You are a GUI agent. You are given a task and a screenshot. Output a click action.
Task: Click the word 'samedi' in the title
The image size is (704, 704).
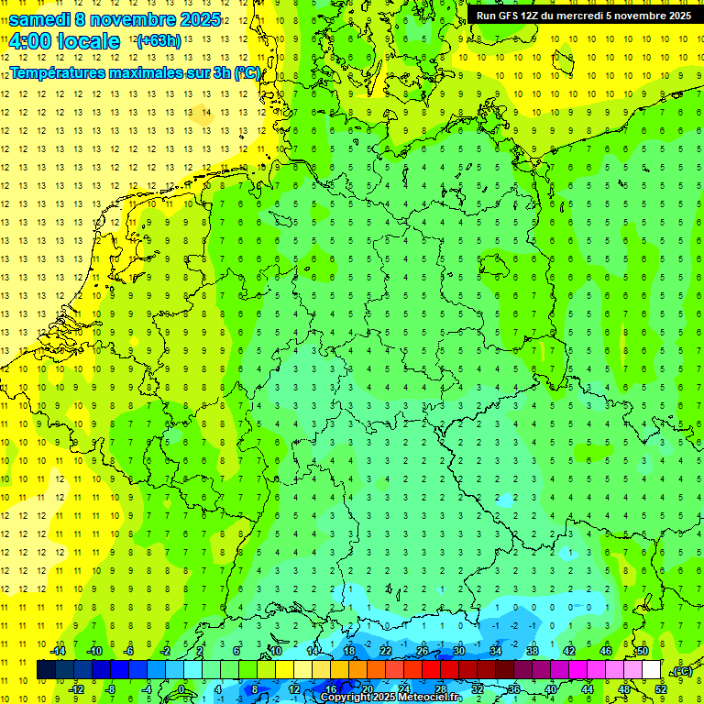tap(39, 19)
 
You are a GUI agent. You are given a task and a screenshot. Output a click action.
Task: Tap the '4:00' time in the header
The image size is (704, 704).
tap(29, 41)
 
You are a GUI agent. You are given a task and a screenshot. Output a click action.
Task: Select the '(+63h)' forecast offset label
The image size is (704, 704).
tap(158, 40)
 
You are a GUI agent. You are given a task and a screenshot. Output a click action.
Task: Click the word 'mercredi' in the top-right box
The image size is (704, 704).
tap(575, 16)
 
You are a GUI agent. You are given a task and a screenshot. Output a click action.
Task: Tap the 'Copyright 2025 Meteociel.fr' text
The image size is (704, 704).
tap(390, 698)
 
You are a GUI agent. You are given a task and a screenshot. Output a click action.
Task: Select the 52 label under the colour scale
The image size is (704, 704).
tap(661, 689)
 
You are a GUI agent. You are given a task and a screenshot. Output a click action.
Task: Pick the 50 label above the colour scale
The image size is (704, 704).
tap(643, 651)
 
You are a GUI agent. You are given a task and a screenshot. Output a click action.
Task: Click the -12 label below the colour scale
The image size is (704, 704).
tap(76, 689)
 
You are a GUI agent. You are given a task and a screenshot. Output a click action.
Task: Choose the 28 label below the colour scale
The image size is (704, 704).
tap(440, 689)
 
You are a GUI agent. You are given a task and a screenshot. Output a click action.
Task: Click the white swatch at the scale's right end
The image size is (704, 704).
tap(651, 669)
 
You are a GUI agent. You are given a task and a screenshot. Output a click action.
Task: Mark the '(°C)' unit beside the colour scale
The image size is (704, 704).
tap(682, 671)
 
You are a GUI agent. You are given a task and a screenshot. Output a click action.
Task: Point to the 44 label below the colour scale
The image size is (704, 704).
tap(588, 689)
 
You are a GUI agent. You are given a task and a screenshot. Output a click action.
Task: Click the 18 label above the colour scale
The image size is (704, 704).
tap(349, 651)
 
